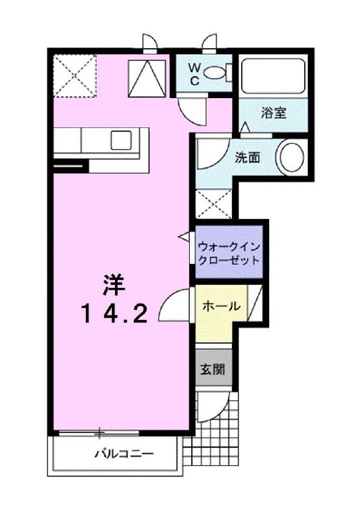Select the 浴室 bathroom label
(x=274, y=112)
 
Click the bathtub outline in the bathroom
(x=273, y=77)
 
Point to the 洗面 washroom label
(x=248, y=157)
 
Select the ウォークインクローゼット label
(x=229, y=253)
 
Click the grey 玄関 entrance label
(x=212, y=370)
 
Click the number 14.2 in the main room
(x=118, y=314)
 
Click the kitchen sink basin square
(x=122, y=140)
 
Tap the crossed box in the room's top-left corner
(x=74, y=76)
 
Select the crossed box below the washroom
(x=214, y=203)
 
